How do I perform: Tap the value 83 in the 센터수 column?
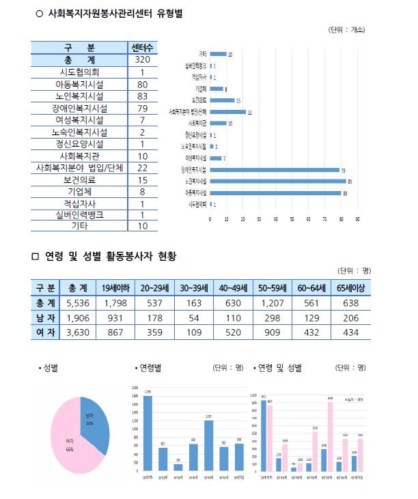(x=143, y=96)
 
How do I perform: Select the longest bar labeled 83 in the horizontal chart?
(x=277, y=181)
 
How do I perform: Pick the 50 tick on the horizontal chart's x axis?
(x=292, y=219)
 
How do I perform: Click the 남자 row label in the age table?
(x=45, y=317)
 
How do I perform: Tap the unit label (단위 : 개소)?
(x=347, y=30)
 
